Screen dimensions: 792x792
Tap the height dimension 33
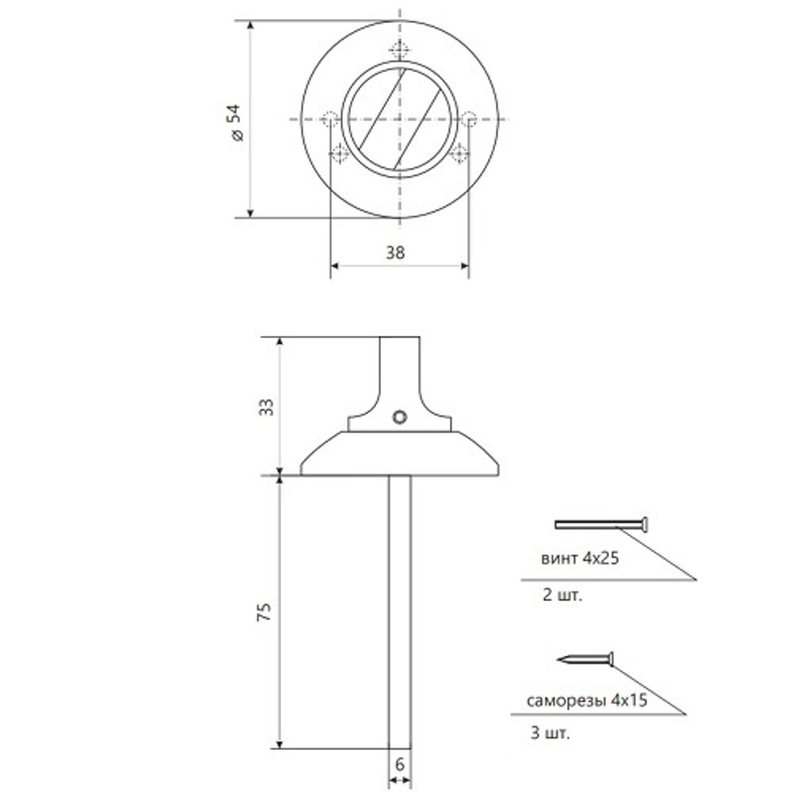tap(267, 407)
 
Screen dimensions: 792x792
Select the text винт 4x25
tap(579, 558)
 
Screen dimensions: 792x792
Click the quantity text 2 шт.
tap(561, 596)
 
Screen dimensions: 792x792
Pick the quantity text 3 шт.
tap(551, 734)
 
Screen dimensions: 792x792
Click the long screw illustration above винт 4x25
tap(602, 524)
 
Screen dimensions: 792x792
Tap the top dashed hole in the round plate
tap(400, 51)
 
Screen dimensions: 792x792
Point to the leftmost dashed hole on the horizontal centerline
tap(330, 120)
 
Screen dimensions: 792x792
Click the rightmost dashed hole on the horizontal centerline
tap(468, 120)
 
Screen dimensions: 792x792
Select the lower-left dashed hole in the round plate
tap(339, 154)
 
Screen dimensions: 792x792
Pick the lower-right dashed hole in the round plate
tap(459, 154)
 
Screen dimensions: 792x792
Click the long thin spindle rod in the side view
tap(400, 610)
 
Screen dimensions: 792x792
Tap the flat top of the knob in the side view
tap(400, 339)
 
